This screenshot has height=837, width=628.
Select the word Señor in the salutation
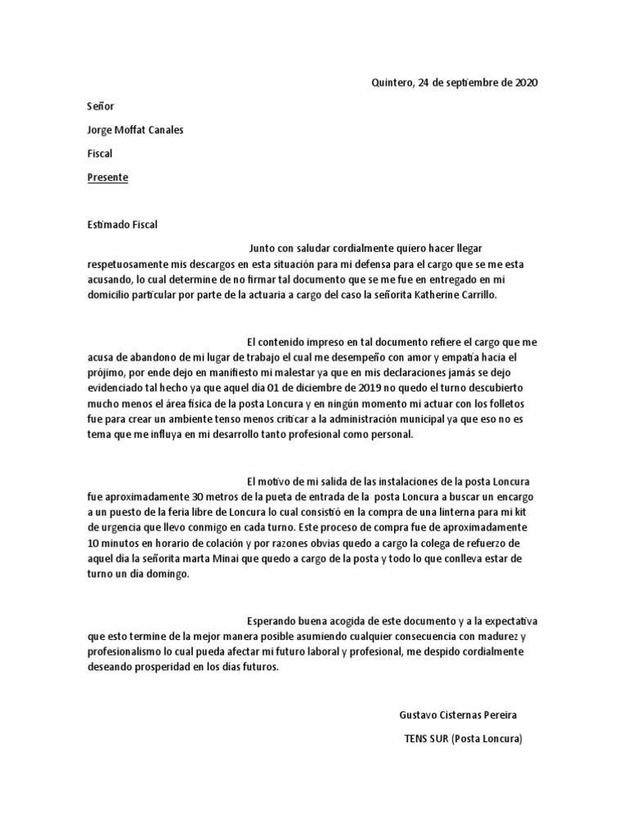101,107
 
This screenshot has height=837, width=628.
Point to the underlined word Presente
107,178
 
